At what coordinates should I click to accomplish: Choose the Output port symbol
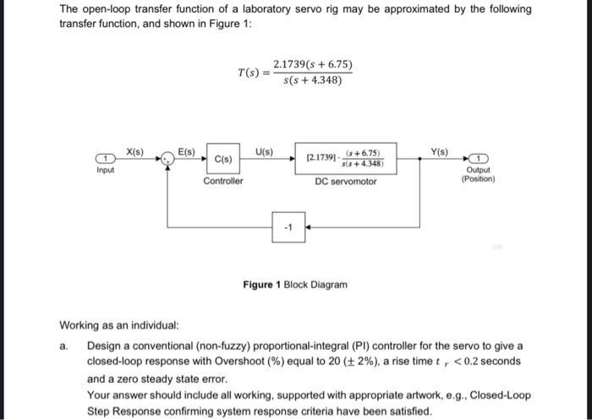(x=479, y=159)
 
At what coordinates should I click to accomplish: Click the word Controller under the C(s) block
(x=223, y=181)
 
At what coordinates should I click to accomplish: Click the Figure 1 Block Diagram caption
(x=294, y=285)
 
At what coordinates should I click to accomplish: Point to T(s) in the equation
(x=250, y=72)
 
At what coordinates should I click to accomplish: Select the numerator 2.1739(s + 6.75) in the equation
(x=312, y=64)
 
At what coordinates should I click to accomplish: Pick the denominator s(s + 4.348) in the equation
(x=312, y=81)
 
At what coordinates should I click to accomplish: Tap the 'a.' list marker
(x=64, y=346)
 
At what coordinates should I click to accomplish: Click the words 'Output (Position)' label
(x=479, y=174)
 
